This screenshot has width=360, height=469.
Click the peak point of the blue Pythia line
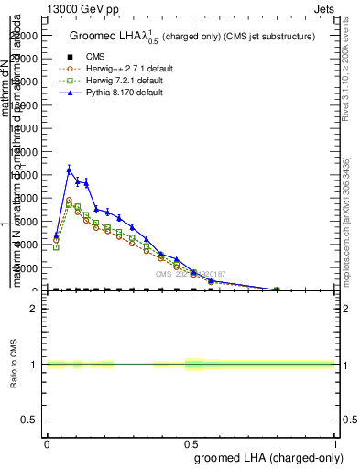[70, 169]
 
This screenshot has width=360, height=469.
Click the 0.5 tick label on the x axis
[191, 442]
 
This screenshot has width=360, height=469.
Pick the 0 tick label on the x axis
[47, 442]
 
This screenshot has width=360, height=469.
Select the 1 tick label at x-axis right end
[334, 442]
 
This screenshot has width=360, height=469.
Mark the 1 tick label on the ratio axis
[34, 365]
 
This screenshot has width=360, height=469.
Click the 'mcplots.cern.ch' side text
[351, 220]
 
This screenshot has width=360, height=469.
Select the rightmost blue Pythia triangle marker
[277, 289]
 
